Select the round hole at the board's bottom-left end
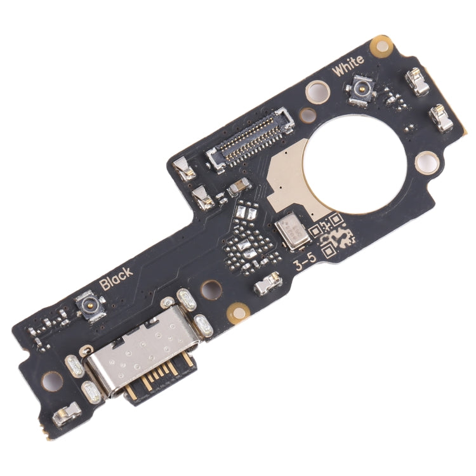51,381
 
